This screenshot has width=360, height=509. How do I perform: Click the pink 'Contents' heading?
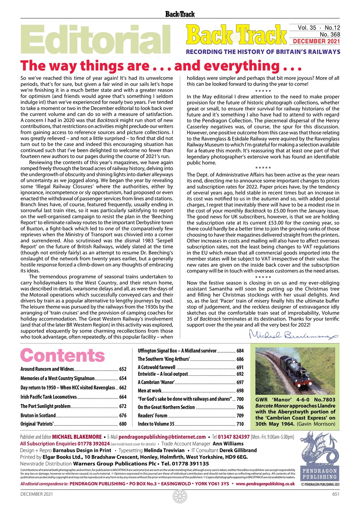point(62,355)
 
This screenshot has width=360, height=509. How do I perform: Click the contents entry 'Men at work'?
point(150,391)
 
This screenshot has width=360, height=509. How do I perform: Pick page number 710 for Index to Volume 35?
point(240,424)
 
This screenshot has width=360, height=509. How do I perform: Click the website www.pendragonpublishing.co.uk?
point(265,484)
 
